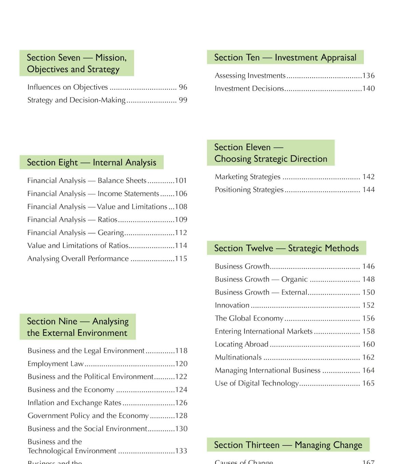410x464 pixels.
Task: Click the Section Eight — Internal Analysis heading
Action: coord(91,162)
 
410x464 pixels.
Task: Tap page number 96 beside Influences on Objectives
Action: coord(183,87)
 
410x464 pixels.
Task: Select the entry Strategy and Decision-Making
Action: coord(76,100)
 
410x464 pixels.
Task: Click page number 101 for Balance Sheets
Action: coord(181,180)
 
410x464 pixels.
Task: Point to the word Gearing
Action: coord(111,233)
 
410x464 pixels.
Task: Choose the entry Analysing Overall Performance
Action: coord(78,259)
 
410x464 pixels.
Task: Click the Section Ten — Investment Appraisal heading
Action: coord(285,57)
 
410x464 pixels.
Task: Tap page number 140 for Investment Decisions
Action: coord(368,88)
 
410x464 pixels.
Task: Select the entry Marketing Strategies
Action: coord(247,177)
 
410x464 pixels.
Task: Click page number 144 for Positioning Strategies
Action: coord(368,190)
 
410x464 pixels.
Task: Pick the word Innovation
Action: coord(232,305)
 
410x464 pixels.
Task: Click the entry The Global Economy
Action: coord(249,318)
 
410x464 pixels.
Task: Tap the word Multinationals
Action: coord(238,357)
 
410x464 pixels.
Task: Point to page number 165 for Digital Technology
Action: coord(368,383)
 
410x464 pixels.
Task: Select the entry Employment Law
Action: coord(55,364)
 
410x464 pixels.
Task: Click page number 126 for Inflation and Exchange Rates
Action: coord(181,403)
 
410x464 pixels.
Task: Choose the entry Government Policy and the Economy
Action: coord(88,416)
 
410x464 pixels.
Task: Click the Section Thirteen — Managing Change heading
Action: coord(288,445)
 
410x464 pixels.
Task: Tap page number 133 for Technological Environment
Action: coord(181,451)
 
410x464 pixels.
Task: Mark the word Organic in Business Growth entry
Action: coord(294,279)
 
